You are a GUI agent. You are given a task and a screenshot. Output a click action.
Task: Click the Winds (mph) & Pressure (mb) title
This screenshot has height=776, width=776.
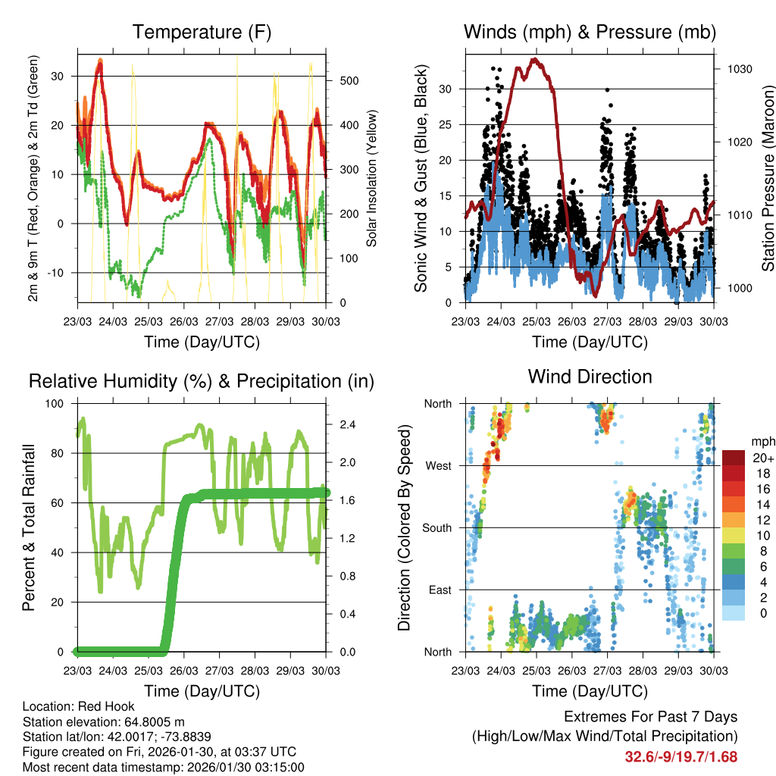pyautogui.click(x=590, y=33)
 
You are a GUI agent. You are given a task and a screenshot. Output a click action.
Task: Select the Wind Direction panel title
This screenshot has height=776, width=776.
pyautogui.click(x=590, y=377)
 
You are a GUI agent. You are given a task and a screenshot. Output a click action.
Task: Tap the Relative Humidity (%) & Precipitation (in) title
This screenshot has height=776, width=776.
pyautogui.click(x=201, y=381)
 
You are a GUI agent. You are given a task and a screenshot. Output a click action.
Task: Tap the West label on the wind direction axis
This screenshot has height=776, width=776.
pyautogui.click(x=438, y=466)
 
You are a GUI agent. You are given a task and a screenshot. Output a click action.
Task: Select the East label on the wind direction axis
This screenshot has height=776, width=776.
pyautogui.click(x=440, y=590)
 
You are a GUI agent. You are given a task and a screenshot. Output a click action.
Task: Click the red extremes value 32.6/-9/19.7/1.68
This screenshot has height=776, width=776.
pyautogui.click(x=681, y=756)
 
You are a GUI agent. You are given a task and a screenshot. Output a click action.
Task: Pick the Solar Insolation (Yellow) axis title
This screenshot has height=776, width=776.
pyautogui.click(x=372, y=179)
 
